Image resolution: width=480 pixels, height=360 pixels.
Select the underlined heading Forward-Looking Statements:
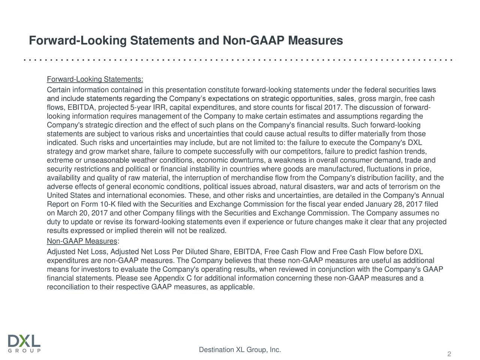coord(95,80)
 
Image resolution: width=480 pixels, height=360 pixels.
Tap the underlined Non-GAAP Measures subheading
coord(82,241)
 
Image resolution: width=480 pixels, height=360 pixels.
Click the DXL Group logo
coord(24,343)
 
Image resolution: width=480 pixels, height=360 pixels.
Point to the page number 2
coord(449,355)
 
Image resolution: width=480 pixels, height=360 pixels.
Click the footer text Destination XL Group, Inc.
coord(240,350)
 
